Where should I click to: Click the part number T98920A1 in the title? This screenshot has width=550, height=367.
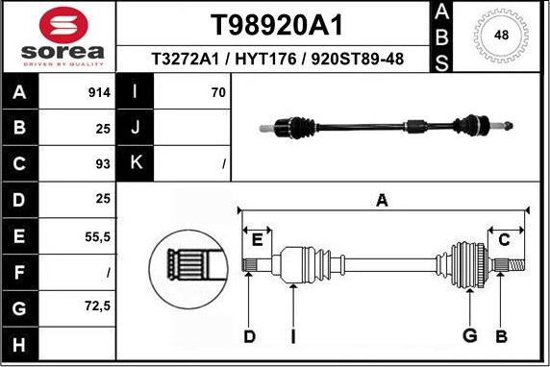276,24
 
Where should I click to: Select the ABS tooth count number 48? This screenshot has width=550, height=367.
501,36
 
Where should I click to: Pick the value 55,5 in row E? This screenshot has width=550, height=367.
95,236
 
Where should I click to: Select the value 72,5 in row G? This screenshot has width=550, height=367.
95,307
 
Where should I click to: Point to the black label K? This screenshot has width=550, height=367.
136,163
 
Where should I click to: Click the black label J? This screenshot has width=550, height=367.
136,128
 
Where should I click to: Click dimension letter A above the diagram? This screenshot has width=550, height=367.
382,201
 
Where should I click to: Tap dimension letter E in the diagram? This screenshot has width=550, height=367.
257,240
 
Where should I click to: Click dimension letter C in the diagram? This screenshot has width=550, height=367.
504,240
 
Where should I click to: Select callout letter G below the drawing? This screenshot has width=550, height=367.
470,335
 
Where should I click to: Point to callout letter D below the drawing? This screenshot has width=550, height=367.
249,335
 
